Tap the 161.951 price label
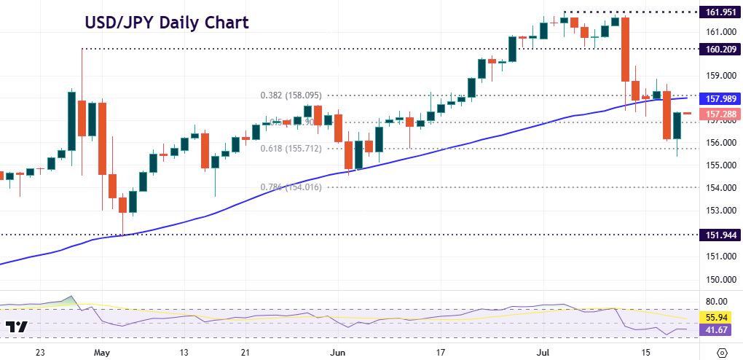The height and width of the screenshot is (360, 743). pyautogui.click(x=718, y=12)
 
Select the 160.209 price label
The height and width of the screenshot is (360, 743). pyautogui.click(x=718, y=50)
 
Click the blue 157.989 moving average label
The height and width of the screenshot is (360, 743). pyautogui.click(x=718, y=98)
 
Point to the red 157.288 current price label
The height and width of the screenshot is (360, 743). pyautogui.click(x=718, y=114)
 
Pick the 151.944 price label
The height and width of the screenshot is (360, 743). pyautogui.click(x=718, y=235)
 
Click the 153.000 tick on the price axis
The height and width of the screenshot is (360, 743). pyautogui.click(x=717, y=211)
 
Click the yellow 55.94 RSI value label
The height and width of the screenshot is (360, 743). pyautogui.click(x=718, y=318)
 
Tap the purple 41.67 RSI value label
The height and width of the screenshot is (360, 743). pyautogui.click(x=718, y=330)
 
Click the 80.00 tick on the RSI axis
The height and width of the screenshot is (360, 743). pyautogui.click(x=717, y=301)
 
